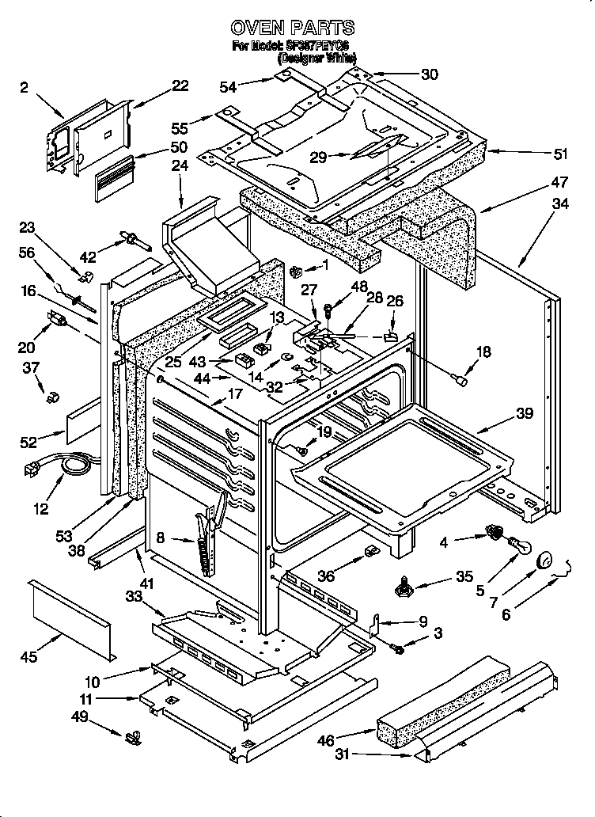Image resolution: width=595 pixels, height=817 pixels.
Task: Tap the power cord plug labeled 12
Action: (x=33, y=471)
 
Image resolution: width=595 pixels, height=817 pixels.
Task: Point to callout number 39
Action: (x=525, y=413)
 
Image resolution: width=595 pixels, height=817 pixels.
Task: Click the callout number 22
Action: (x=180, y=85)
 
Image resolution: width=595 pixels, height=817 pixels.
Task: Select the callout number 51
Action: (x=538, y=154)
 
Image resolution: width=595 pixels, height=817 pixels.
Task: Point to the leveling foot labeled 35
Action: (x=406, y=587)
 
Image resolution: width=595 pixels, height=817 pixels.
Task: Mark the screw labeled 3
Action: (x=398, y=649)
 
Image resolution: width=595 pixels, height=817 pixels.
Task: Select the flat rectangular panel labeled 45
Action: (x=71, y=617)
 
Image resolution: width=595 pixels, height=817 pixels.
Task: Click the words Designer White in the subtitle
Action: (x=316, y=58)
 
